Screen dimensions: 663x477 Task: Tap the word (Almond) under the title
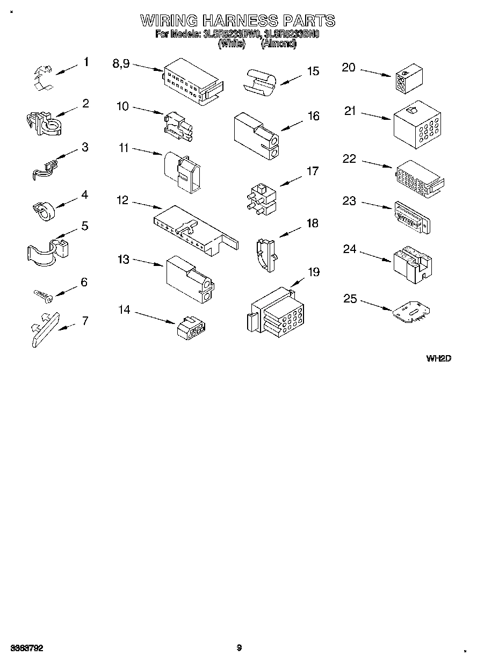coord(278,44)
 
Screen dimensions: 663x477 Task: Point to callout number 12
coord(123,200)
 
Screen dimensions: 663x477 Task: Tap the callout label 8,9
coord(121,63)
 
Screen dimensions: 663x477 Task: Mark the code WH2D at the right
coord(438,358)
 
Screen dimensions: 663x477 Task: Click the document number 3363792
coord(26,648)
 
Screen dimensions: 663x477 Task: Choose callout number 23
coord(349,201)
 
